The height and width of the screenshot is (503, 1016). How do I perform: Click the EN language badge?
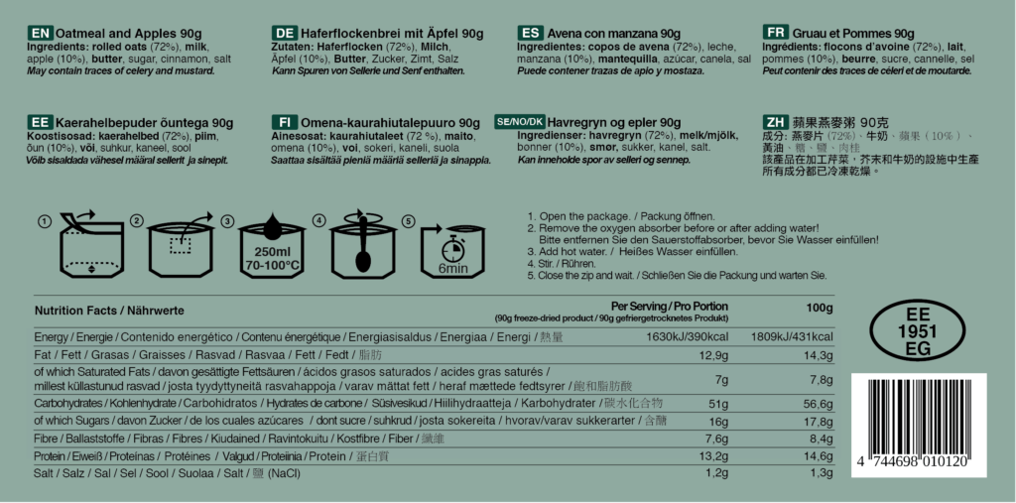[x=40, y=33]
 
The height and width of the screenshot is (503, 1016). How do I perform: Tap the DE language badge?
[x=285, y=33]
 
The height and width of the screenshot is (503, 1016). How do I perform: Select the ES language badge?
[x=531, y=33]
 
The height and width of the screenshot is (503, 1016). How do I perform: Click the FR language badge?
[x=777, y=33]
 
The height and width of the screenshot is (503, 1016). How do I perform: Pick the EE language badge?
[x=40, y=122]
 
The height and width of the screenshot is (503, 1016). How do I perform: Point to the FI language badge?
[x=285, y=122]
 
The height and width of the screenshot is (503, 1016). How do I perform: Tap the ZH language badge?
[x=777, y=122]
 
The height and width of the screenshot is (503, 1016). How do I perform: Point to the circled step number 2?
[x=138, y=220]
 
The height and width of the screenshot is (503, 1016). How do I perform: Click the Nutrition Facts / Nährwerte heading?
[x=109, y=311]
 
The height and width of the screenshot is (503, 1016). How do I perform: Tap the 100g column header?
[x=820, y=308]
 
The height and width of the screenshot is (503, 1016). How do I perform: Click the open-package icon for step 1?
[x=80, y=244]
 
